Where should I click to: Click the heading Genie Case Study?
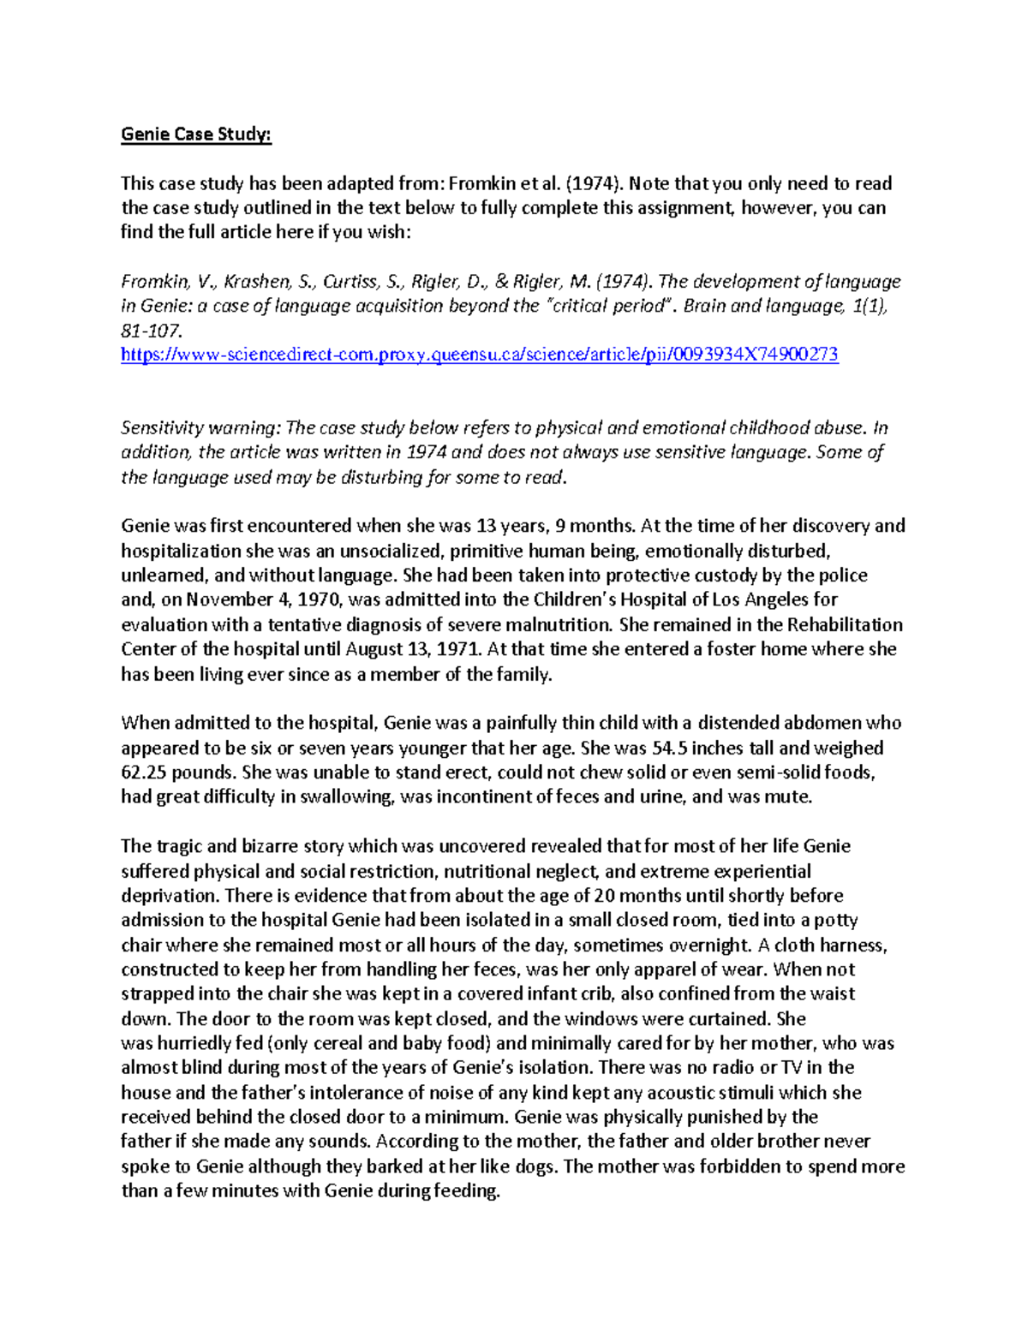click(x=196, y=134)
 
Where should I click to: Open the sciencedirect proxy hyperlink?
click(x=479, y=355)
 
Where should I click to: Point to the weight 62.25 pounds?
click(x=178, y=772)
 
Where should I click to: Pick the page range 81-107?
click(x=152, y=331)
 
